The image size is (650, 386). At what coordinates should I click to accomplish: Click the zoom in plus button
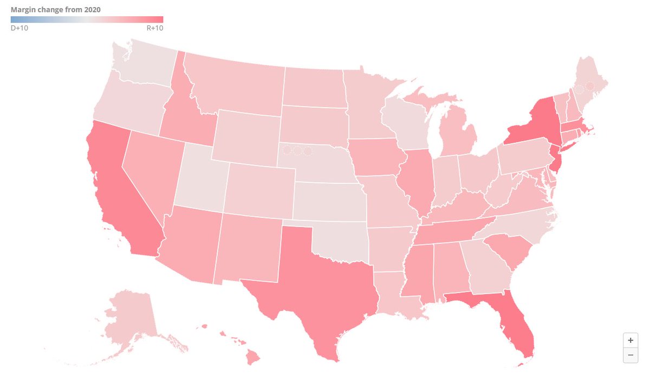point(630,341)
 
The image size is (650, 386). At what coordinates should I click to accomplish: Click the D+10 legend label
point(19,28)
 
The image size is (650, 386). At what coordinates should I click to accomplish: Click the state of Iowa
point(376,157)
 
